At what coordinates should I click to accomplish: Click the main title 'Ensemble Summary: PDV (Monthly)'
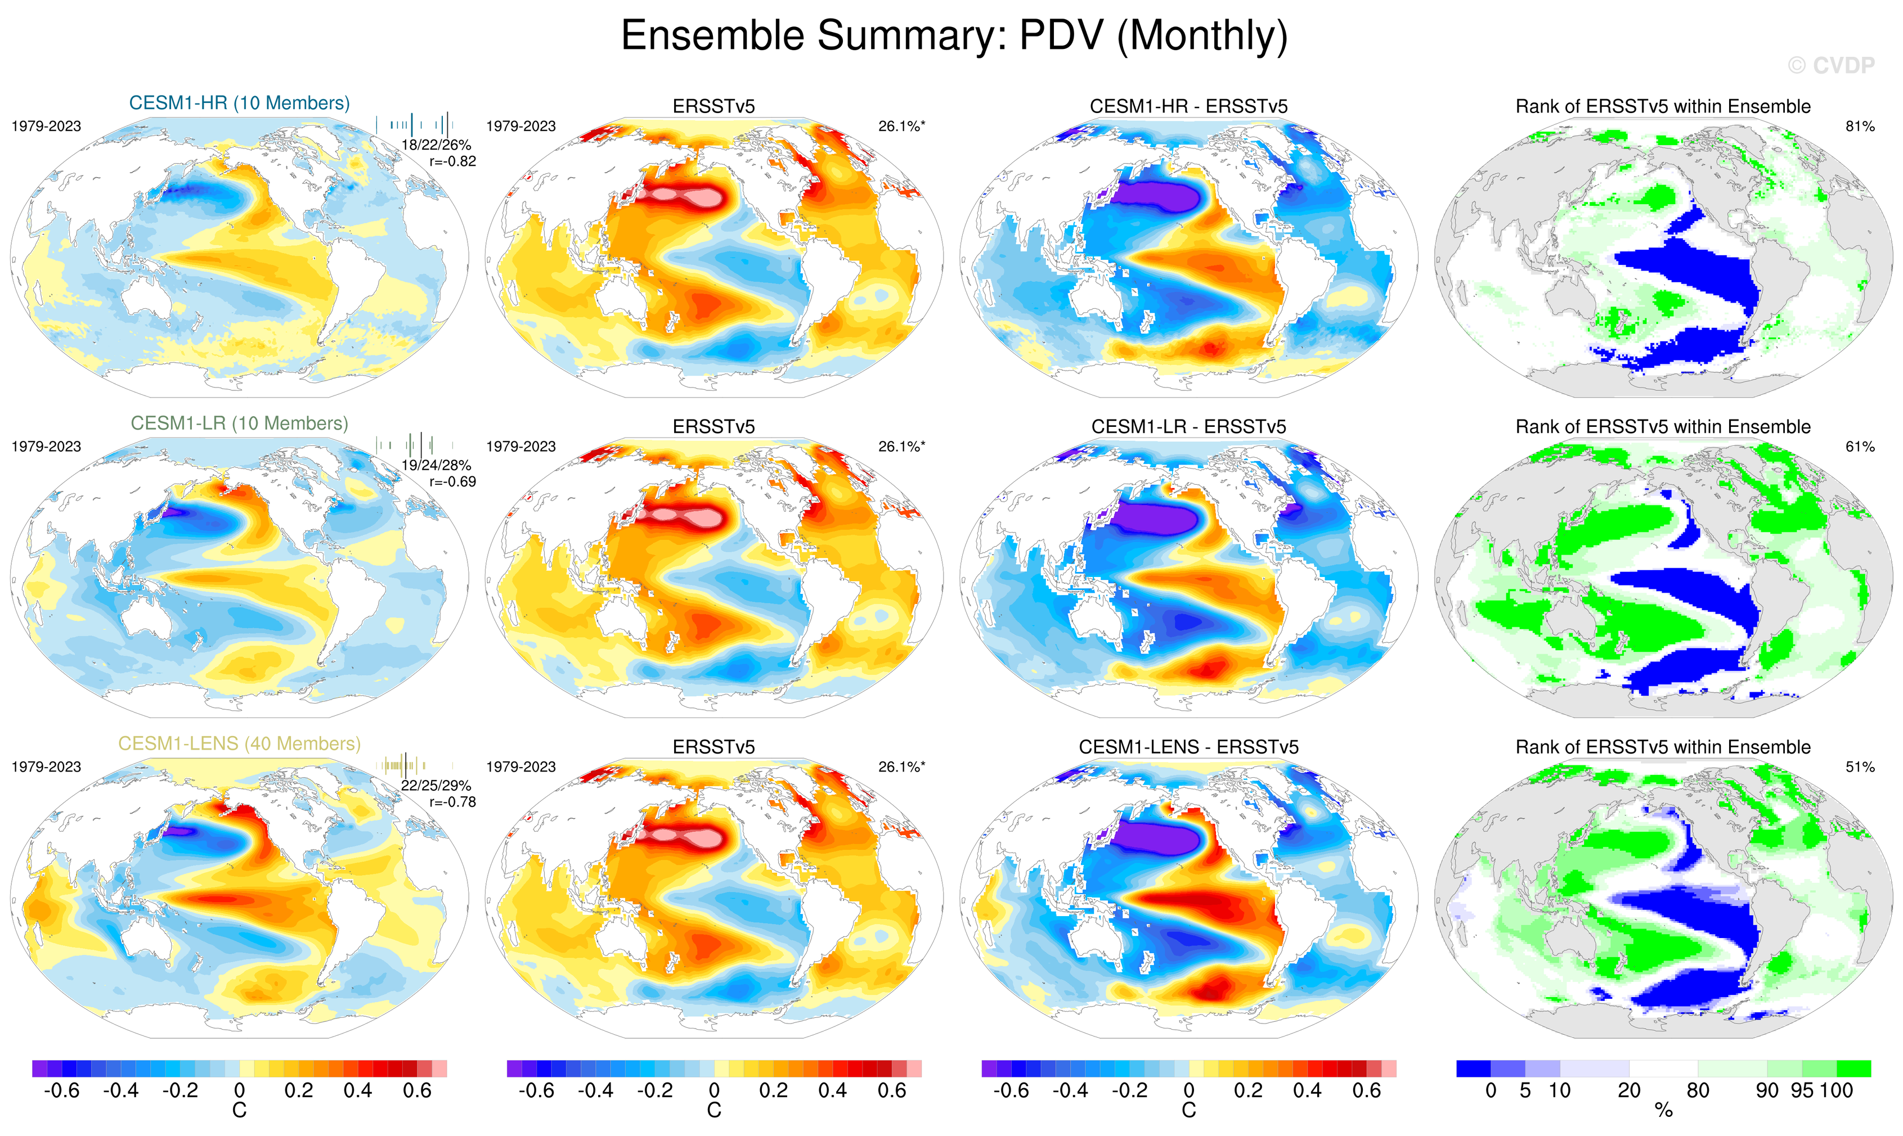pyautogui.click(x=953, y=35)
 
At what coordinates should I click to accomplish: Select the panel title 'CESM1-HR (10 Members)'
pyautogui.click(x=239, y=103)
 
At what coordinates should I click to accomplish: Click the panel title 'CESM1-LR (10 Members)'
pyautogui.click(x=239, y=423)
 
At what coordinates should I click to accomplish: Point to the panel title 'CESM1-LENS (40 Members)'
pyautogui.click(x=239, y=743)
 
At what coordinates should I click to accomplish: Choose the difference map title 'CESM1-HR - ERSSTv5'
pyautogui.click(x=1188, y=106)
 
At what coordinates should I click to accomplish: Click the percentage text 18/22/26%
pyautogui.click(x=436, y=145)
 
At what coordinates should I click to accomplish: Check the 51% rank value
pyautogui.click(x=1859, y=767)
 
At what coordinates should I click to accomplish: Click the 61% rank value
pyautogui.click(x=1859, y=447)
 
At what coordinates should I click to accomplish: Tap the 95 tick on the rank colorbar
pyautogui.click(x=1802, y=1090)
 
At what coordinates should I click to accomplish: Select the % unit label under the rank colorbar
pyautogui.click(x=1663, y=1111)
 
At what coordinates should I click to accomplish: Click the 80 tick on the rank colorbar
pyautogui.click(x=1698, y=1090)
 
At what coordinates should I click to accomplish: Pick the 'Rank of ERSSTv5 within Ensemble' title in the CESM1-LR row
pyautogui.click(x=1663, y=426)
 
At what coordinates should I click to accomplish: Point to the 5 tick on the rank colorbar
pyautogui.click(x=1525, y=1090)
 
